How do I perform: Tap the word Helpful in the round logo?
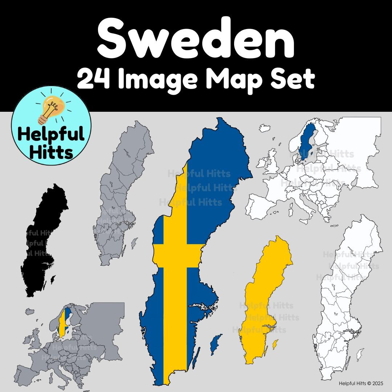pyautogui.click(x=51, y=136)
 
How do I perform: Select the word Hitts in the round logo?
pyautogui.click(x=51, y=152)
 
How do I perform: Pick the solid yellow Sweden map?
pyautogui.click(x=267, y=301)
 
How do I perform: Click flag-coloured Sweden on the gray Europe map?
pyautogui.click(x=64, y=321)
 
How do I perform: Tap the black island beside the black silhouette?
pyautogui.click(x=53, y=279)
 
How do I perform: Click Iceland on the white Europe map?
pyautogui.click(x=264, y=129)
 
